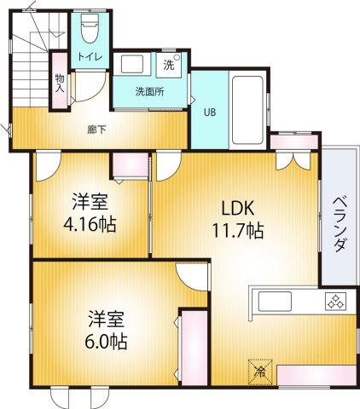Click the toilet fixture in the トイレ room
pos(90,28)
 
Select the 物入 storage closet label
pos(61,82)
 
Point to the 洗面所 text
pos(148,92)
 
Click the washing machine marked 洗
pos(169,64)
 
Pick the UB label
pos(209,111)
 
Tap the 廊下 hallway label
pos(96,130)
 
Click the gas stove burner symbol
pos(335,301)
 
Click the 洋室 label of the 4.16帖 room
pos(89,203)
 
